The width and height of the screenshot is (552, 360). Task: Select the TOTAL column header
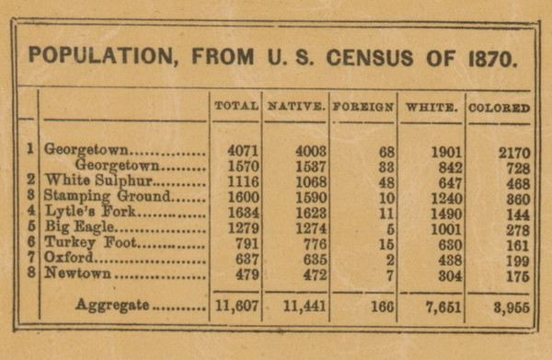coord(236,106)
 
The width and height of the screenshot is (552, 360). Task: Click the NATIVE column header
coord(296,107)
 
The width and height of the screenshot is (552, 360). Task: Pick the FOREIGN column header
coord(363,107)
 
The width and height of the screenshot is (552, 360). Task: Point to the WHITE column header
coord(431,107)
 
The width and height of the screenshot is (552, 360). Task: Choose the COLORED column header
coord(500,107)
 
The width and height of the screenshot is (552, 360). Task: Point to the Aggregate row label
coord(112,305)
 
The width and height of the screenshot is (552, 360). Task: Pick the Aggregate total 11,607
coord(236,307)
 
